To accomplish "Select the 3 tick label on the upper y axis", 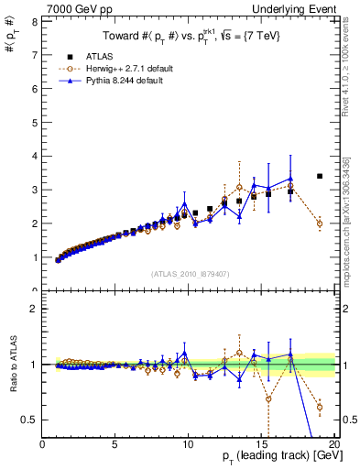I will tap(36, 190).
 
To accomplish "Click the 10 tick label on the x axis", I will tap(188, 445).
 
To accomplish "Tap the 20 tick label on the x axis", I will tap(333, 445).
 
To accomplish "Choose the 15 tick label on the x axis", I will tap(261, 445).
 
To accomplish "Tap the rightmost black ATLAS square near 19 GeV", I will tap(320, 176).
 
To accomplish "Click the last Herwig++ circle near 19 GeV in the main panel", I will tap(320, 224).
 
